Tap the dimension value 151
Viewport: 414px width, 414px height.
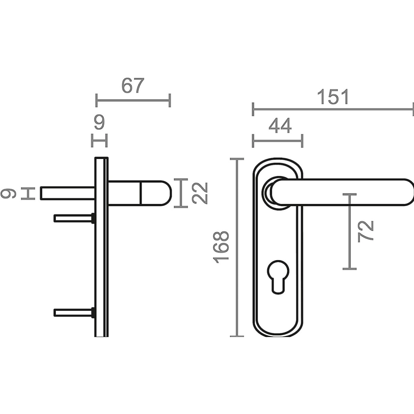coord(333,97)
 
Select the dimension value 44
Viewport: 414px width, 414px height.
coord(280,126)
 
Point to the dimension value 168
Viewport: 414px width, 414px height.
coord(221,247)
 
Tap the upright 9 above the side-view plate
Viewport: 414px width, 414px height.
coord(99,122)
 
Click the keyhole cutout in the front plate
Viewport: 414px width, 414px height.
coord(278,277)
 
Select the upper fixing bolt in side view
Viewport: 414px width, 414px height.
coord(75,218)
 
